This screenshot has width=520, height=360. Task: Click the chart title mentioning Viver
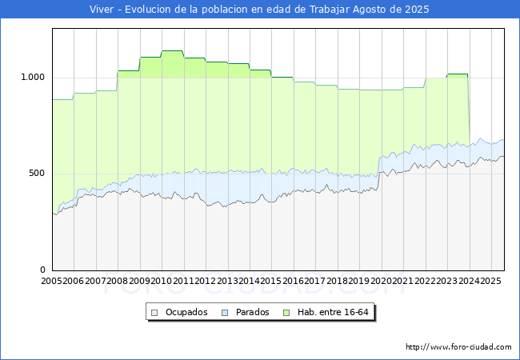pos(260,10)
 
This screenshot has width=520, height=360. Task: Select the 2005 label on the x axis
pos(51,281)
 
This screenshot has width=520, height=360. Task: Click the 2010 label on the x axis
pos(161,281)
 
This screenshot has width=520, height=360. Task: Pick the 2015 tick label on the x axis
pos(270,281)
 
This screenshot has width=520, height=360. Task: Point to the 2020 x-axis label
pos(380,281)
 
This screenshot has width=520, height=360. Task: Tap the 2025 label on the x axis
pos(490,281)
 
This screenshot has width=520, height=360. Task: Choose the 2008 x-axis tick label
pos(117,281)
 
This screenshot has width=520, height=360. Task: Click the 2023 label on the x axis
pos(446,281)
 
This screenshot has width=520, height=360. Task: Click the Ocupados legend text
pos(186,312)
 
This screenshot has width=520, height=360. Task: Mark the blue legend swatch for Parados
pos(225,312)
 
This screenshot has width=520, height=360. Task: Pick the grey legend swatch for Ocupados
pos(155,312)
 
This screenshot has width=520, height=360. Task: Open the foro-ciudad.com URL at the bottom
pos(458,347)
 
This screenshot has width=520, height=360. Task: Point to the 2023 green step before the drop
pos(457,74)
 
